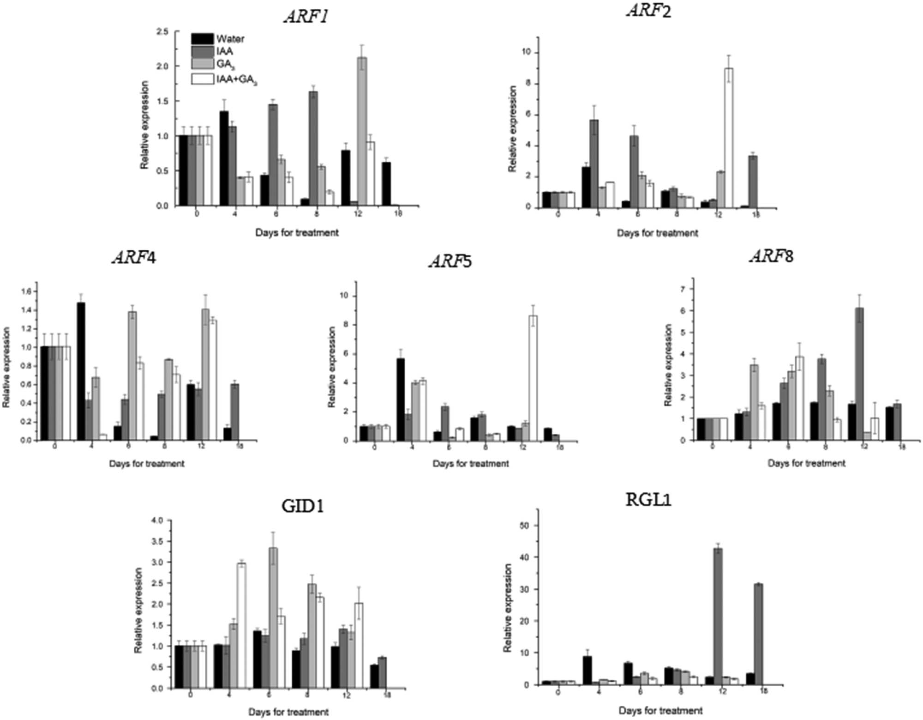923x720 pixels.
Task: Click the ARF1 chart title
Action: point(306,16)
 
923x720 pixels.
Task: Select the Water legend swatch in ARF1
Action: point(202,39)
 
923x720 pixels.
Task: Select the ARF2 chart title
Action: point(649,10)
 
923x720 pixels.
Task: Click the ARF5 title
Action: point(450,261)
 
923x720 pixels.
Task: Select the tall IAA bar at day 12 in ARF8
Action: point(859,374)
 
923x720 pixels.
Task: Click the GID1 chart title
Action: point(302,506)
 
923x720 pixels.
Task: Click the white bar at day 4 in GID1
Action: point(241,625)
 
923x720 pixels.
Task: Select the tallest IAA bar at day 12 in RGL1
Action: point(718,616)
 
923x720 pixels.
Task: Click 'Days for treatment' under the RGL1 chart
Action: point(660,710)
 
